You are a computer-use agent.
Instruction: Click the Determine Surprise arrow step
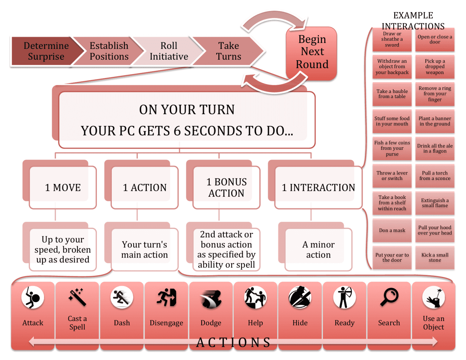46,51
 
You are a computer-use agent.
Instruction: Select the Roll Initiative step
169,51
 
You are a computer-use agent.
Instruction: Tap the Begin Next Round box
312,52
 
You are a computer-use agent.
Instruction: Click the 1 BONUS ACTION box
226,187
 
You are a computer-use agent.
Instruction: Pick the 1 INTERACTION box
318,187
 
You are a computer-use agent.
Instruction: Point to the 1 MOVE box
63,187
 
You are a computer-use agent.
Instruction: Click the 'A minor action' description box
318,250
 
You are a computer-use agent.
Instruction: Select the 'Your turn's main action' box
145,250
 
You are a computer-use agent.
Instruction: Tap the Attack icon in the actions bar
33,297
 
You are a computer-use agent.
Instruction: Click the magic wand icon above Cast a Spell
77,297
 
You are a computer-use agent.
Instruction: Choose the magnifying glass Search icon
389,297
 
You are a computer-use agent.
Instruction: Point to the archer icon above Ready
344,297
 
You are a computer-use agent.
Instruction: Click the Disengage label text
166,323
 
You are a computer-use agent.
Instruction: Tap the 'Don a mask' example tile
392,230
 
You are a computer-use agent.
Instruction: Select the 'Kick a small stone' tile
435,258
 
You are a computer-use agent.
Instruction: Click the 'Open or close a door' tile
435,39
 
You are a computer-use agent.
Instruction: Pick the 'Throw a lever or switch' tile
392,176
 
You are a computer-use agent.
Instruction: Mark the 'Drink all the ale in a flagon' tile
435,148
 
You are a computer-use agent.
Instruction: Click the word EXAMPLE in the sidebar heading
413,15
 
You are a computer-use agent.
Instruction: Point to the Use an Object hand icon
433,297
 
